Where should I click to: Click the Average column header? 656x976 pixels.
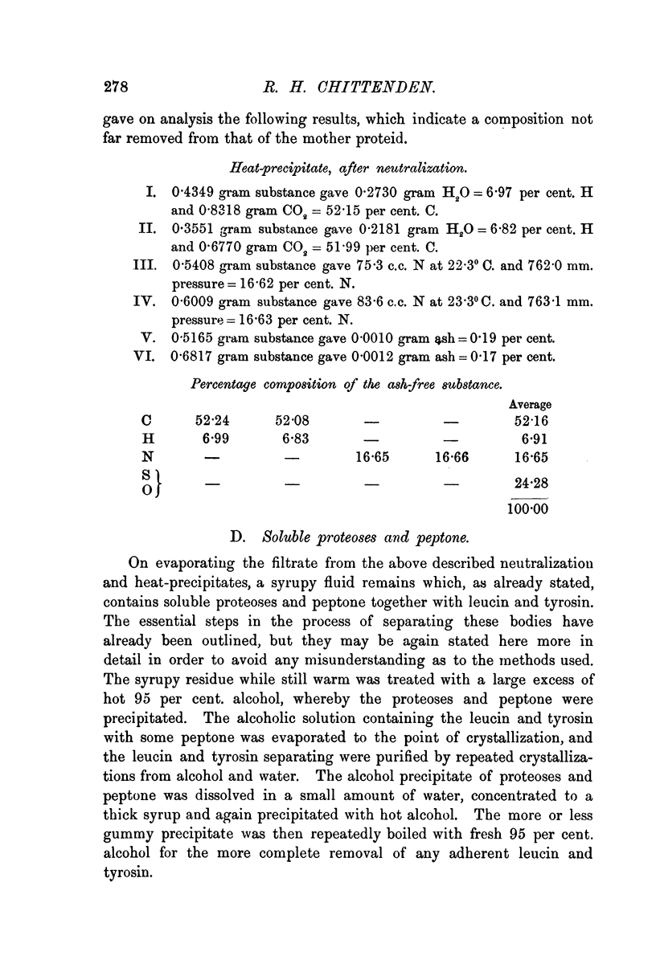(x=529, y=404)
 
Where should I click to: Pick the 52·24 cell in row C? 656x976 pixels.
(x=213, y=419)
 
